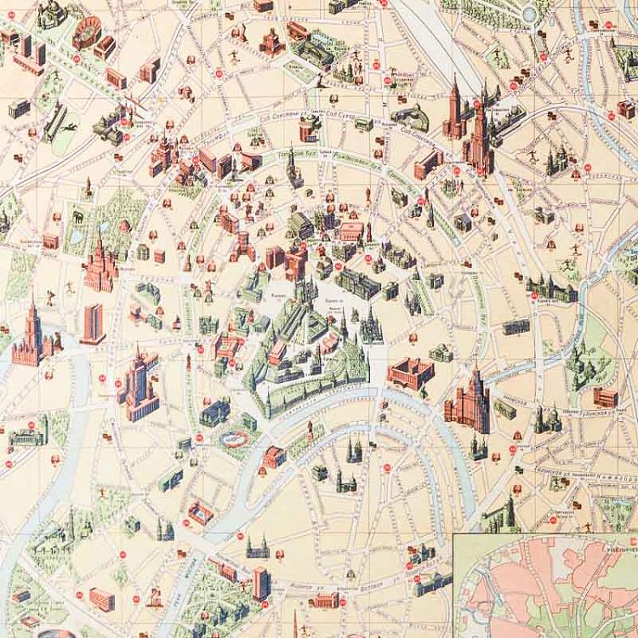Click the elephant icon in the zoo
(77, 218)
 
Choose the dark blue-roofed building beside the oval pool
(214, 413)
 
